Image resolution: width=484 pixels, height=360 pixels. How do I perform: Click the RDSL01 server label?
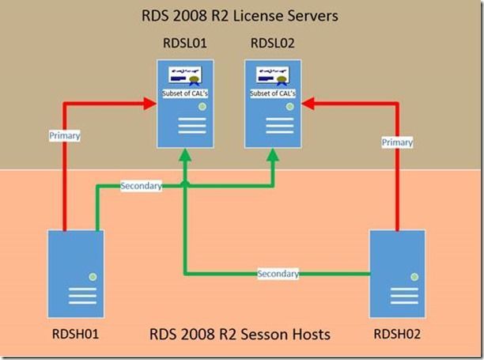pos(184,44)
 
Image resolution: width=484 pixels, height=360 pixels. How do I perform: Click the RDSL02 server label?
pos(271,44)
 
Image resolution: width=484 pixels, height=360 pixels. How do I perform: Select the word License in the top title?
pos(258,15)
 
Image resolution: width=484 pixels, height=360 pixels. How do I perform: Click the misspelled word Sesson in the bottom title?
pos(256,335)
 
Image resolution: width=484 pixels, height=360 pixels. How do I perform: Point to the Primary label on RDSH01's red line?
pos(64,135)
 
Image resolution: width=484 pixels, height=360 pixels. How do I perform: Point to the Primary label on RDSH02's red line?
pos(398,142)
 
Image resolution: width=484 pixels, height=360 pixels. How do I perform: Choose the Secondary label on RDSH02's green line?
pos(278,274)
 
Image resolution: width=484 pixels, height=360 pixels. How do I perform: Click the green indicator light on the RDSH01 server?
pos(93,275)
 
